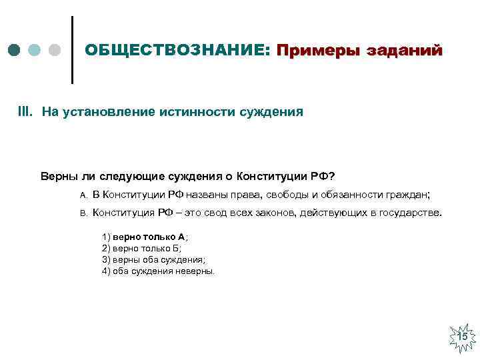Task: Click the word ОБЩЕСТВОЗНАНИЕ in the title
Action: (x=176, y=51)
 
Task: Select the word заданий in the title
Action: (x=405, y=51)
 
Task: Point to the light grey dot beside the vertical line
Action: (x=55, y=51)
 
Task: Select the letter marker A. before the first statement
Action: (x=83, y=195)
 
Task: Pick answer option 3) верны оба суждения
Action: (x=154, y=260)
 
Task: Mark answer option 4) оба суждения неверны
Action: (x=159, y=271)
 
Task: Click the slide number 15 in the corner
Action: (x=462, y=337)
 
